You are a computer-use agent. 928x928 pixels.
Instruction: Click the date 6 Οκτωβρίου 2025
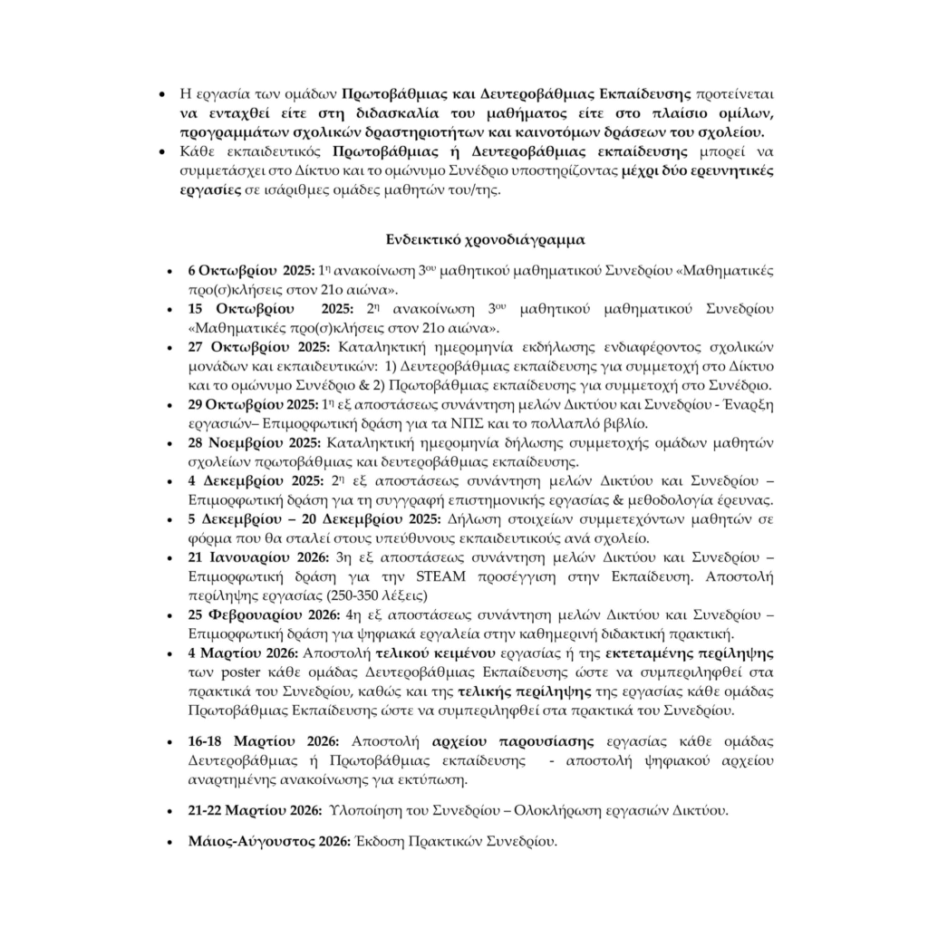coord(251,270)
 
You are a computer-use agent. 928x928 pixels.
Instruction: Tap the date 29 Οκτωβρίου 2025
coord(254,403)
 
